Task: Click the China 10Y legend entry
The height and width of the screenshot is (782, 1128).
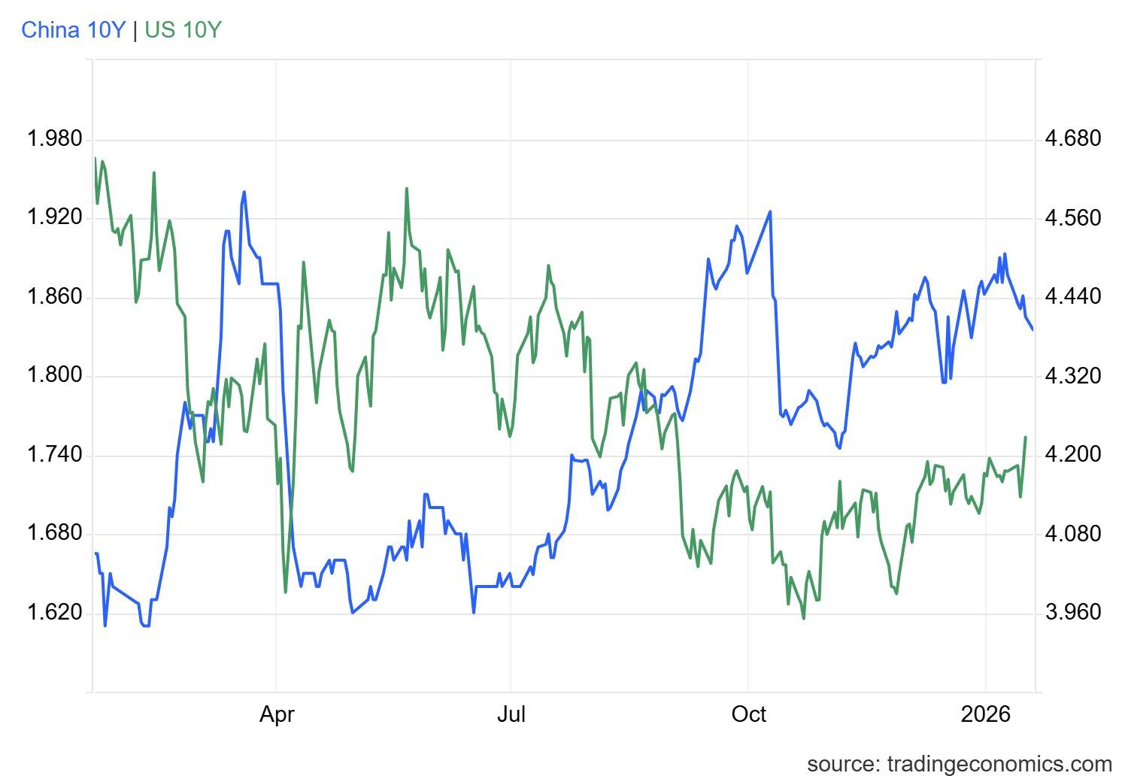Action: click(73, 30)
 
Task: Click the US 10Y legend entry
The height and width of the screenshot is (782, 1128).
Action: click(183, 30)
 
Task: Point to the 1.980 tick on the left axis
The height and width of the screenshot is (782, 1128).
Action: click(54, 139)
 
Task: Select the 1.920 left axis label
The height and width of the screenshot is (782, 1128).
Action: click(54, 218)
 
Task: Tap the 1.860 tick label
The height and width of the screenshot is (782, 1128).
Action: click(54, 297)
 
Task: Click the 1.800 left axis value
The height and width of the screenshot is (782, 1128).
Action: click(54, 376)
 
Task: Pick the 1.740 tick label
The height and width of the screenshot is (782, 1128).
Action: click(54, 455)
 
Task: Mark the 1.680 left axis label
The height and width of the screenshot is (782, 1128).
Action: click(54, 534)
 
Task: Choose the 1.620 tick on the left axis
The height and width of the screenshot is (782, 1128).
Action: click(54, 613)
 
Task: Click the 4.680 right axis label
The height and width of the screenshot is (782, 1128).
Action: click(1073, 139)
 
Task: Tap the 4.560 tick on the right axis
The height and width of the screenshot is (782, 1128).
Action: click(1073, 218)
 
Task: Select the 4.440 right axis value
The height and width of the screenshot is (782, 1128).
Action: click(1073, 297)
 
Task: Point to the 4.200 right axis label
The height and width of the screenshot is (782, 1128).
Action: click(1073, 455)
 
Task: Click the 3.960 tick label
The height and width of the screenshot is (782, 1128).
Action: click(1073, 613)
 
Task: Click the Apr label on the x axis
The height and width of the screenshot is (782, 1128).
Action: click(277, 714)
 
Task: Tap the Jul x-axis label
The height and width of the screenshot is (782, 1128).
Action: click(511, 714)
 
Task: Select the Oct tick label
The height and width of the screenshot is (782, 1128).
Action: click(748, 714)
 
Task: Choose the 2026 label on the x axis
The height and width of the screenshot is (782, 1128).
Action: click(985, 714)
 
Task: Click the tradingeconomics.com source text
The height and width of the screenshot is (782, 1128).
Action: click(959, 764)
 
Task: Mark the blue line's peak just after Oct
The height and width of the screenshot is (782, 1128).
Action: click(770, 211)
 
